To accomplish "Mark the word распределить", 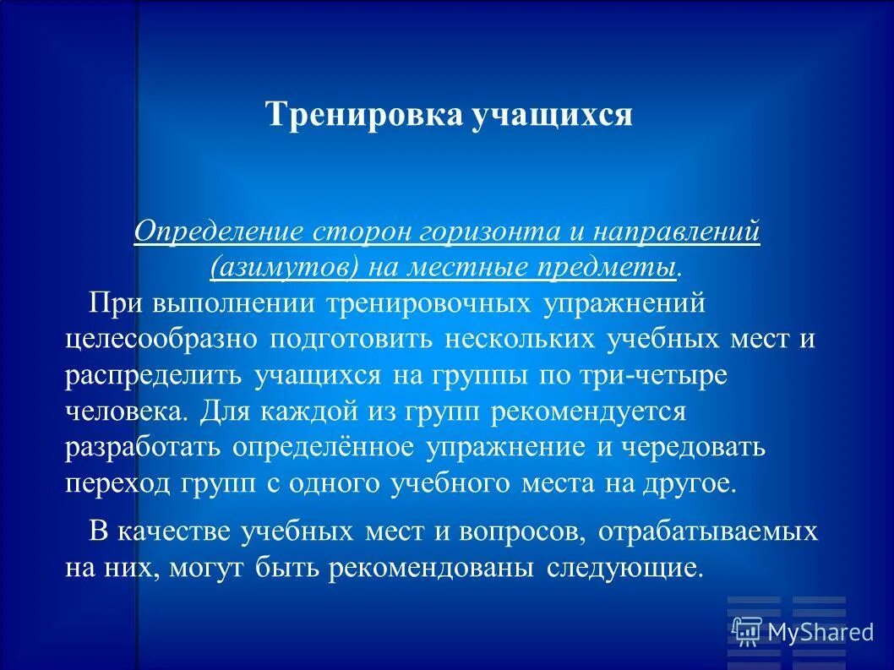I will (155, 375).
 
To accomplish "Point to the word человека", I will (127, 411).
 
